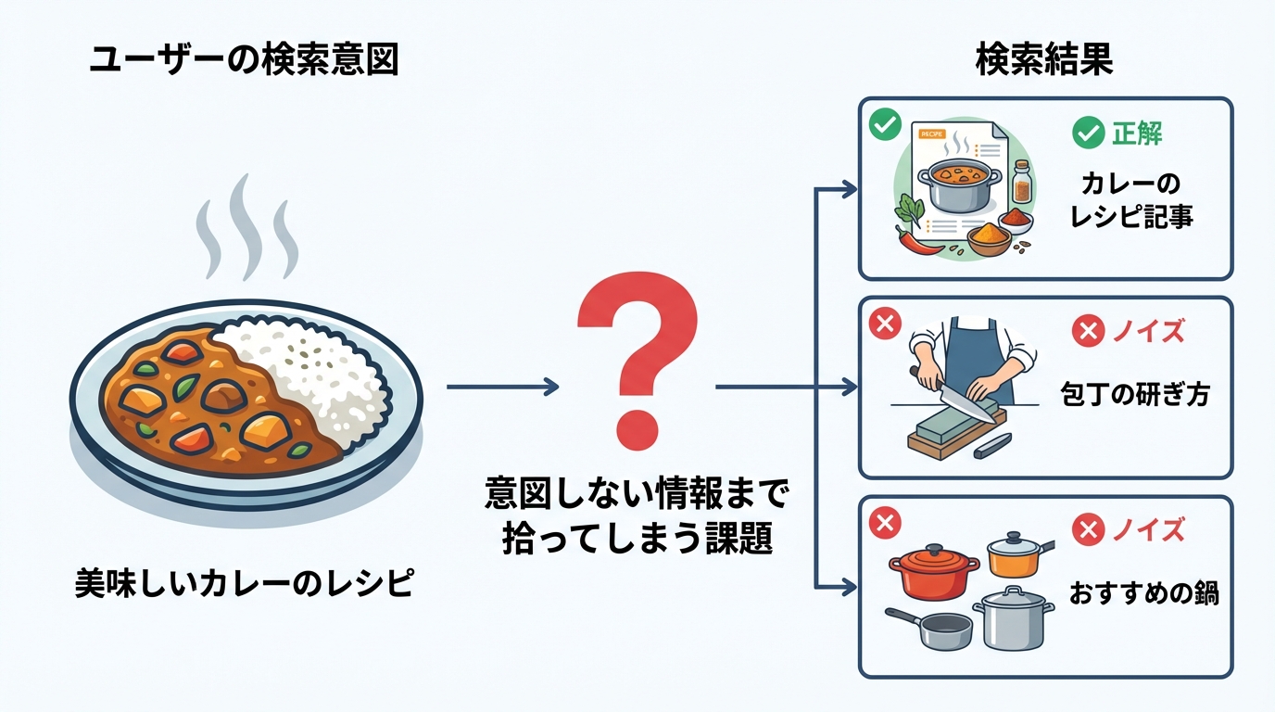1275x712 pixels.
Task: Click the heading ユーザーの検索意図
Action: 243,60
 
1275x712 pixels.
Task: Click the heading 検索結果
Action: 1044,60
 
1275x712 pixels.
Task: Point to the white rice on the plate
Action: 315,371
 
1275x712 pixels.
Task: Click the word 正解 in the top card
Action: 1136,133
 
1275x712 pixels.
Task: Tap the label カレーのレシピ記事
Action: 1130,199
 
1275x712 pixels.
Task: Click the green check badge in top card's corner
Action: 885,123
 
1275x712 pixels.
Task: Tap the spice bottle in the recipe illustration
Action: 1021,182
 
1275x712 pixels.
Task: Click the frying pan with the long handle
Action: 931,630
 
